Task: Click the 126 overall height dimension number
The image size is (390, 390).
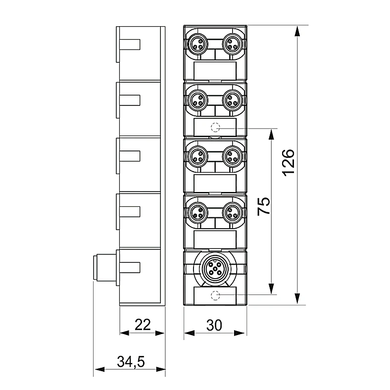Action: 289,163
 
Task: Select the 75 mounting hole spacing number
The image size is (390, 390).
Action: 264,206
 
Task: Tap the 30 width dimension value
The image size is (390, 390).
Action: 214,325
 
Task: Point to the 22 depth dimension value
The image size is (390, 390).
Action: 143,325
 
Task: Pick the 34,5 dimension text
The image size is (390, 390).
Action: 131,362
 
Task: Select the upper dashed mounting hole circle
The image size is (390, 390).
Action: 215,127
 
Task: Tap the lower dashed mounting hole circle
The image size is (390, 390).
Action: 215,295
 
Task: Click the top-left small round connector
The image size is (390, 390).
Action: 198,44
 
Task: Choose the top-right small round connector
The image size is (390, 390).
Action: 233,44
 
